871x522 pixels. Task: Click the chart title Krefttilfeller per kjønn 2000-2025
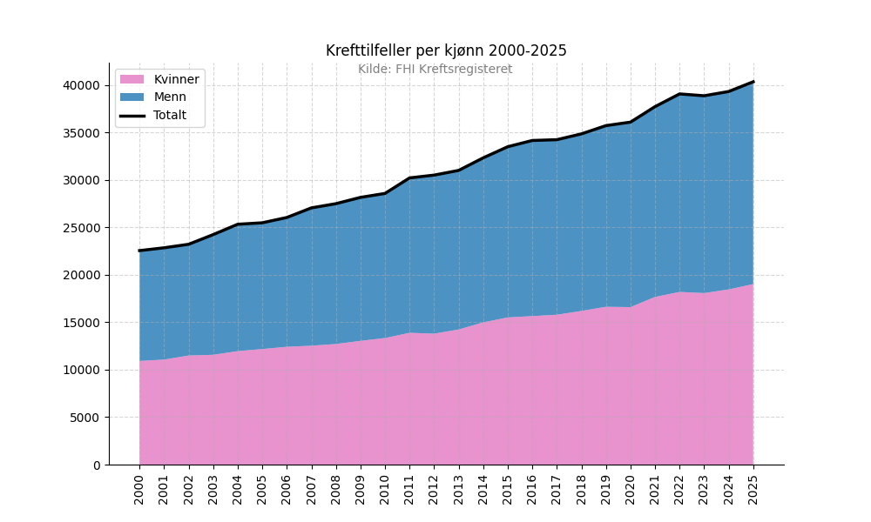pyautogui.click(x=446, y=50)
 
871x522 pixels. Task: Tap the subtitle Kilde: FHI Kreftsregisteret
pyautogui.click(x=435, y=70)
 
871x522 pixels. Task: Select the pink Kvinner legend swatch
pyautogui.click(x=132, y=79)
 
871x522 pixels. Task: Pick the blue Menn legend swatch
pyautogui.click(x=132, y=97)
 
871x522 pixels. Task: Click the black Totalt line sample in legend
pyautogui.click(x=132, y=116)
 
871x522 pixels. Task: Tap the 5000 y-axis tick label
pyautogui.click(x=85, y=418)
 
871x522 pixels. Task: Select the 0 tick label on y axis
pyautogui.click(x=98, y=465)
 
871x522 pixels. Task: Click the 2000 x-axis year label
pyautogui.click(x=139, y=490)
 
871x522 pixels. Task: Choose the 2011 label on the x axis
pyautogui.click(x=409, y=490)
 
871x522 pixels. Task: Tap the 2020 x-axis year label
pyautogui.click(x=631, y=490)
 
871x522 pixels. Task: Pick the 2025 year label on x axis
pyautogui.click(x=753, y=490)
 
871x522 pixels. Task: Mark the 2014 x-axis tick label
pyautogui.click(x=483, y=490)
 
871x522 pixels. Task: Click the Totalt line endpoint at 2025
pyautogui.click(x=753, y=82)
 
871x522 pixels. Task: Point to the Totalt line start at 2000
pyautogui.click(x=139, y=251)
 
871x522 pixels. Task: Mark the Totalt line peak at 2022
pyautogui.click(x=679, y=94)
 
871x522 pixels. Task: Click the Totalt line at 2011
pyautogui.click(x=409, y=178)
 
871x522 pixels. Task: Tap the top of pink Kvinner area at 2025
pyautogui.click(x=753, y=284)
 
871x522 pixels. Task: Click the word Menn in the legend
pyautogui.click(x=170, y=97)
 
